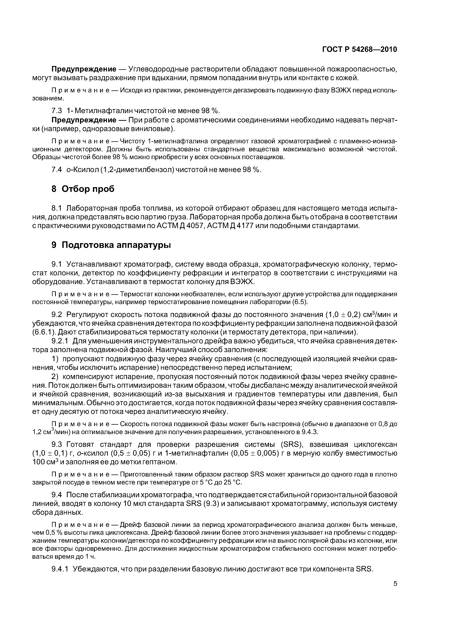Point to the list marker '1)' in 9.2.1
click(55, 359)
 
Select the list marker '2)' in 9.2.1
click(55, 377)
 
